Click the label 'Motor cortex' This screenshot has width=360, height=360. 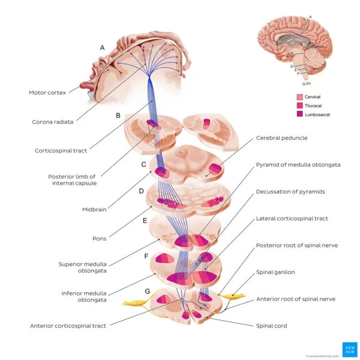47,92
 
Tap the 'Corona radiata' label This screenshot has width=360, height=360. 52,122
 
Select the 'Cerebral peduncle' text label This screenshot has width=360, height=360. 281,137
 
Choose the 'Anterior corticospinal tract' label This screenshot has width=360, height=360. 68,326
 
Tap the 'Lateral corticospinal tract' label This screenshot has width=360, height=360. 292,218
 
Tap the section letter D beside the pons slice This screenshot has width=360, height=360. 141,191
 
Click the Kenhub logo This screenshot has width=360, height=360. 349,349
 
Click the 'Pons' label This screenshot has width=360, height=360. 99,238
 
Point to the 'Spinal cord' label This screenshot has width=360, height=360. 271,326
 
